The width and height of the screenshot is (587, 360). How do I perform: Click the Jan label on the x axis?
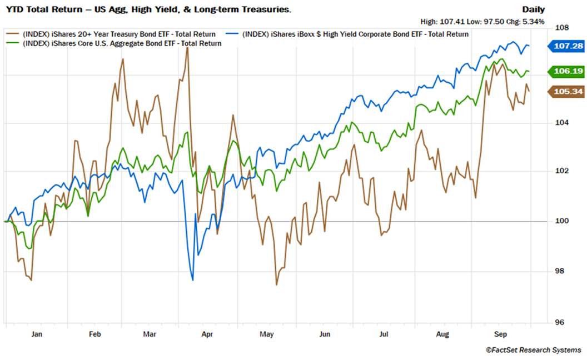[x=37, y=334]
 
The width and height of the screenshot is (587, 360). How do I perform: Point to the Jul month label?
[x=384, y=334]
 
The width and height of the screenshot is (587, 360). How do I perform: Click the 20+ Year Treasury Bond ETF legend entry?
[x=119, y=34]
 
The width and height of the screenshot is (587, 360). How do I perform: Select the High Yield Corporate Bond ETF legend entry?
[x=356, y=34]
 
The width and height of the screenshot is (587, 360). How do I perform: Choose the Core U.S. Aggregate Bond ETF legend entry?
[x=122, y=43]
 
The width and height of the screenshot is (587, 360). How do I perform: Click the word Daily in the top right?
[x=533, y=9]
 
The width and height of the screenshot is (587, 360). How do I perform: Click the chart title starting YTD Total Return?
[x=148, y=9]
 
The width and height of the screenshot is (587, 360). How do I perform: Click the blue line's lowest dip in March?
[x=192, y=280]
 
